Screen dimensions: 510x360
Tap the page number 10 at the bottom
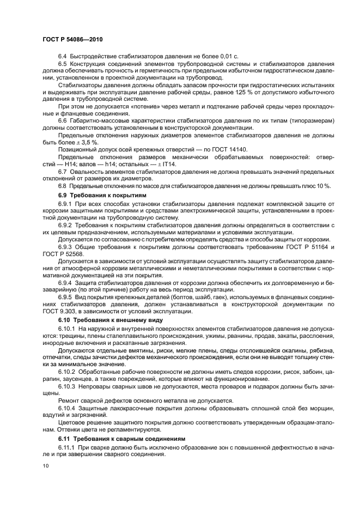pyautogui.click(x=45, y=466)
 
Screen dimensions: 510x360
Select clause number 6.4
pyautogui.click(x=62, y=56)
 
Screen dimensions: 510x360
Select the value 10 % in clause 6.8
pyautogui.click(x=323, y=186)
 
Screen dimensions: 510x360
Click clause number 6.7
pyautogui.click(x=62, y=172)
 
